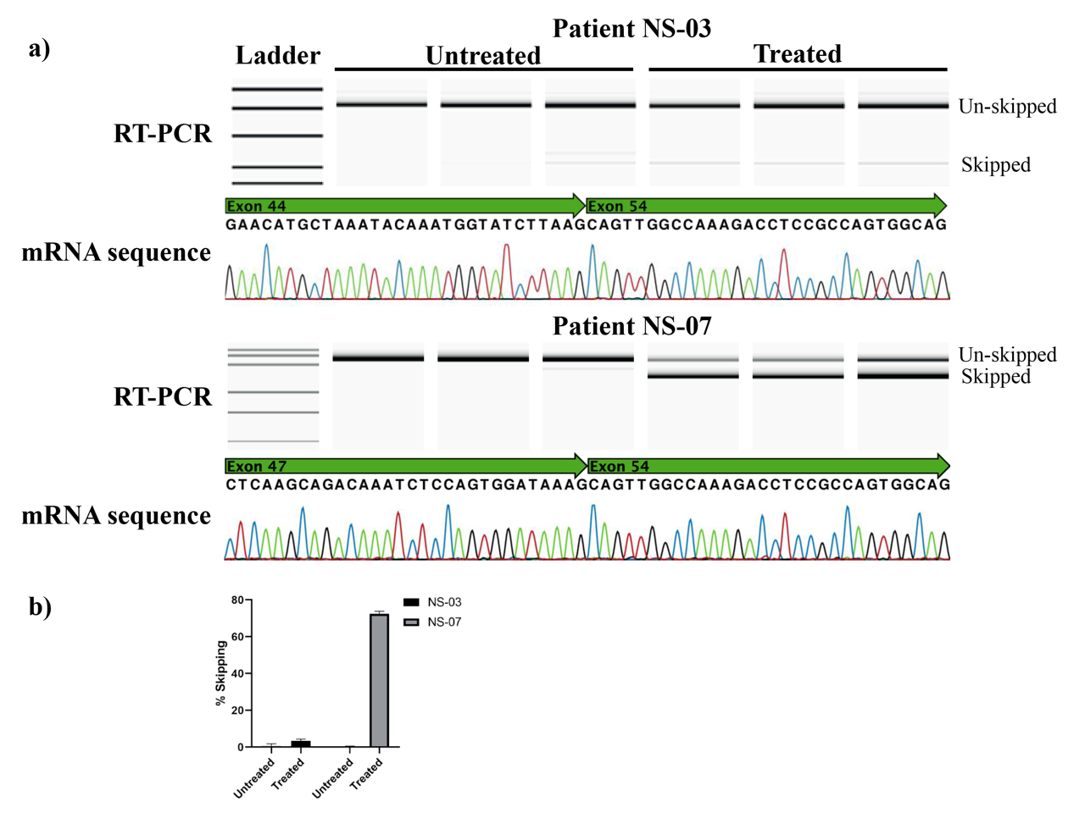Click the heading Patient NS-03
632,29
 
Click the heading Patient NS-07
632,326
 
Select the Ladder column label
277,56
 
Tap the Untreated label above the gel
482,56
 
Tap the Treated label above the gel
797,54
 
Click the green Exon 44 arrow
404,206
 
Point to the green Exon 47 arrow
405,466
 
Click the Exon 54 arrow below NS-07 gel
768,466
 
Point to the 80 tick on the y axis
238,600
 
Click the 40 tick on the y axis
238,674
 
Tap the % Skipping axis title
222,673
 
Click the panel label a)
39,49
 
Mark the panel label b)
40,606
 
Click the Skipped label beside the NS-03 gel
995,165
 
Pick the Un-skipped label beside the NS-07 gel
1007,355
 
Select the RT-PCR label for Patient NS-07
162,396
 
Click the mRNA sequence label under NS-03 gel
116,252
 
